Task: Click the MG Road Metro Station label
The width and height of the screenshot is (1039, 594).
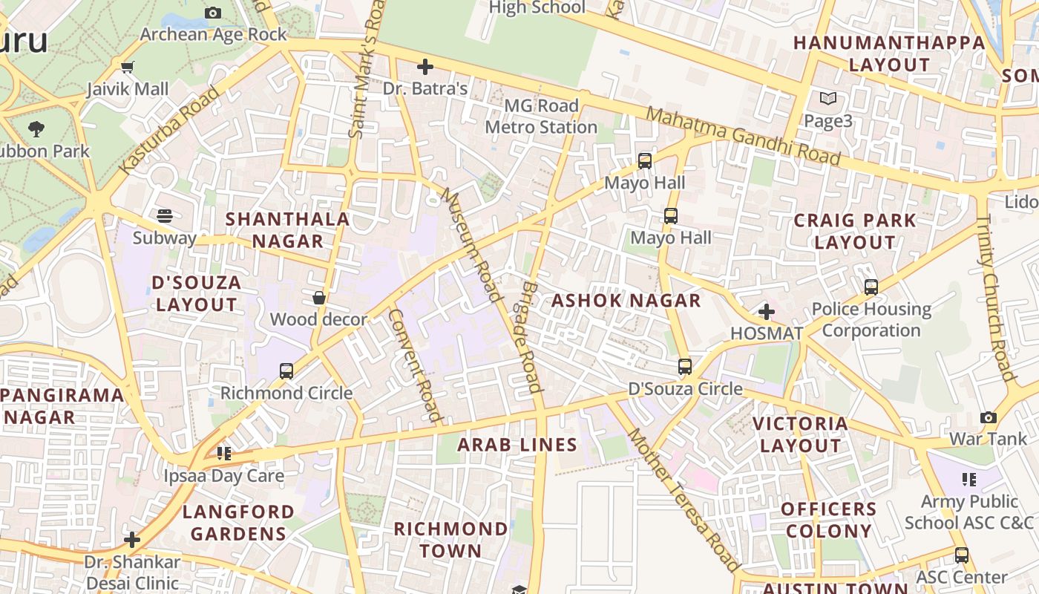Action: point(541,117)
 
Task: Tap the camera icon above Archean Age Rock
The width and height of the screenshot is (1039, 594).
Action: point(213,13)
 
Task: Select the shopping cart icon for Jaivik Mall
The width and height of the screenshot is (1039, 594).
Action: point(128,68)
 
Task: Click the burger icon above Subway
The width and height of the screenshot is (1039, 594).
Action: point(165,216)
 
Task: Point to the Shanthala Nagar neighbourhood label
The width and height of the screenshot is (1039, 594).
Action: point(287,230)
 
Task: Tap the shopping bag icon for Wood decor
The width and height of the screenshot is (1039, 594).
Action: point(319,298)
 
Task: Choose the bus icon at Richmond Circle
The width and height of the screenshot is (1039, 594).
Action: point(286,371)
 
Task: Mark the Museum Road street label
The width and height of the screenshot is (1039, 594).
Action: point(472,245)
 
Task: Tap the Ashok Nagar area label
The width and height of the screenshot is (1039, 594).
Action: point(626,301)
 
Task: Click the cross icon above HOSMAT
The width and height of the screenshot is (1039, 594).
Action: point(767,312)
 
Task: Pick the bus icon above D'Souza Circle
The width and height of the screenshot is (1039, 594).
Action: point(685,366)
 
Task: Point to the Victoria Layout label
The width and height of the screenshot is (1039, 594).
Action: point(800,434)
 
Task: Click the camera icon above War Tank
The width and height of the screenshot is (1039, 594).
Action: point(989,417)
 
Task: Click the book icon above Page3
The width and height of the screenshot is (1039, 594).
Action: point(828,98)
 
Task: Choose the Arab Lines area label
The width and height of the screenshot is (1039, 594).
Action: point(517,445)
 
